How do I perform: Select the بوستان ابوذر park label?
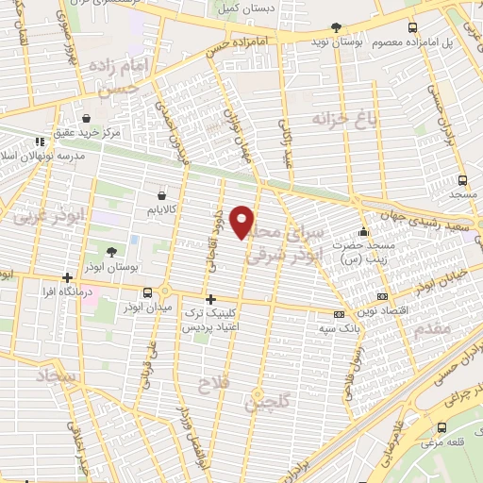click(139, 269)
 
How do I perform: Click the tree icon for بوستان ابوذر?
click(112, 252)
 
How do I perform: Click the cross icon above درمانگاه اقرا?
click(67, 277)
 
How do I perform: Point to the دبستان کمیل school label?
click(240, 8)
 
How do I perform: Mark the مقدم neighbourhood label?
click(459, 328)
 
